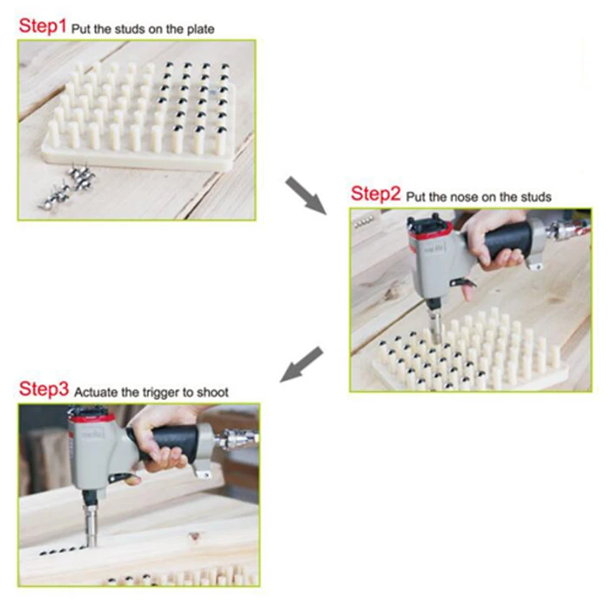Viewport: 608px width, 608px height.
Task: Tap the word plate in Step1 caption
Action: coord(199,29)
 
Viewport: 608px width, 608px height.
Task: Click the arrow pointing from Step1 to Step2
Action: coord(305,195)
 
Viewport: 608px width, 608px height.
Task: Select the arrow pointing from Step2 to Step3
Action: coord(302,365)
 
